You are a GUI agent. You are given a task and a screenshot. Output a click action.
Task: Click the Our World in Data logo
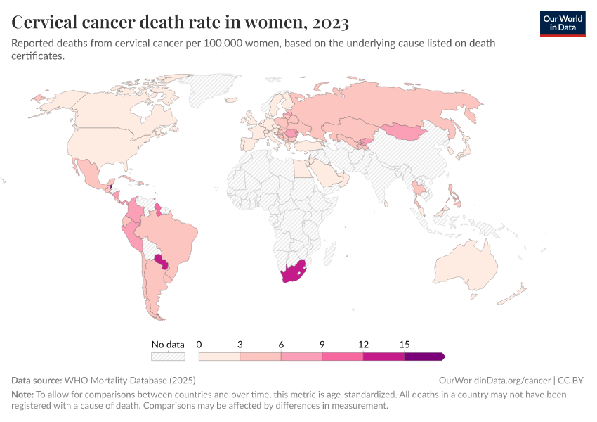[x=562, y=23]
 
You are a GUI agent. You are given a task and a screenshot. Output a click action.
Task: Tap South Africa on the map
[x=293, y=273]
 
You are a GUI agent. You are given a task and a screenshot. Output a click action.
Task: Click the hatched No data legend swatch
[x=169, y=357]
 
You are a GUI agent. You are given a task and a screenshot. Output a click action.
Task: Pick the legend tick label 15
[x=405, y=345]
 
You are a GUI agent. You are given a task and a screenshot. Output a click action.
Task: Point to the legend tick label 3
[x=240, y=345]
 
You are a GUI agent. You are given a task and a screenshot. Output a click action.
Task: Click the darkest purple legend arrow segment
[x=424, y=357]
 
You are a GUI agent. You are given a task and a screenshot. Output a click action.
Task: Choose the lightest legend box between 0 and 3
[x=220, y=357]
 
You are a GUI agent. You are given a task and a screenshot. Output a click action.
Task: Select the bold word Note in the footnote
[x=22, y=395]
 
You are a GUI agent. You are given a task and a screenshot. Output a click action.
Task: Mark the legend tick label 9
[x=322, y=345]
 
